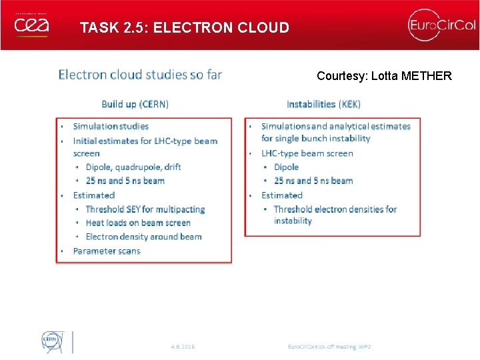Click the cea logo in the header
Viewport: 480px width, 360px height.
pyautogui.click(x=31, y=26)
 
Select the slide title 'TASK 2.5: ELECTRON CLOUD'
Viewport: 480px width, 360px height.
pyautogui.click(x=184, y=28)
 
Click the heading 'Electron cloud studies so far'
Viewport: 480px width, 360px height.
pyautogui.click(x=140, y=74)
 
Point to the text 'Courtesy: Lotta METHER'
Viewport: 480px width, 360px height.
pyautogui.click(x=384, y=76)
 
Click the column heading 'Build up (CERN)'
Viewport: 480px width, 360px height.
pyautogui.click(x=135, y=104)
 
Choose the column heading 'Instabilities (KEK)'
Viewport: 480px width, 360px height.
pyautogui.click(x=323, y=104)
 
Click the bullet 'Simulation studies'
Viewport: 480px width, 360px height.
pyautogui.click(x=111, y=126)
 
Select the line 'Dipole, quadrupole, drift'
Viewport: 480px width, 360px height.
pyautogui.click(x=133, y=167)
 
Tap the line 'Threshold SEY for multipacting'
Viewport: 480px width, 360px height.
pyautogui.click(x=145, y=209)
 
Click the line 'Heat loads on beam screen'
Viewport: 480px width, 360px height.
pyautogui.click(x=138, y=223)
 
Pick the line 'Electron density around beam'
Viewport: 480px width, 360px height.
pyautogui.click(x=143, y=237)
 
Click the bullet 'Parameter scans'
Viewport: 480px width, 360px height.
pyautogui.click(x=107, y=251)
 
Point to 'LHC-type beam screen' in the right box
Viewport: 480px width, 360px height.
pyautogui.click(x=307, y=153)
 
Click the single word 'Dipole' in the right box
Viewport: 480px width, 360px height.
pyautogui.click(x=286, y=167)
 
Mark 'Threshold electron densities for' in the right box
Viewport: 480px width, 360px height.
pyautogui.click(x=335, y=209)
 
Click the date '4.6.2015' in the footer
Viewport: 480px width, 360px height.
pyautogui.click(x=183, y=347)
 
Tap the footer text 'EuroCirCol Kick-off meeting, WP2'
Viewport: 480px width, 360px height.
pyautogui.click(x=329, y=347)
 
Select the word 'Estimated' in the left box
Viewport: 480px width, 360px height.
pyautogui.click(x=94, y=195)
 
